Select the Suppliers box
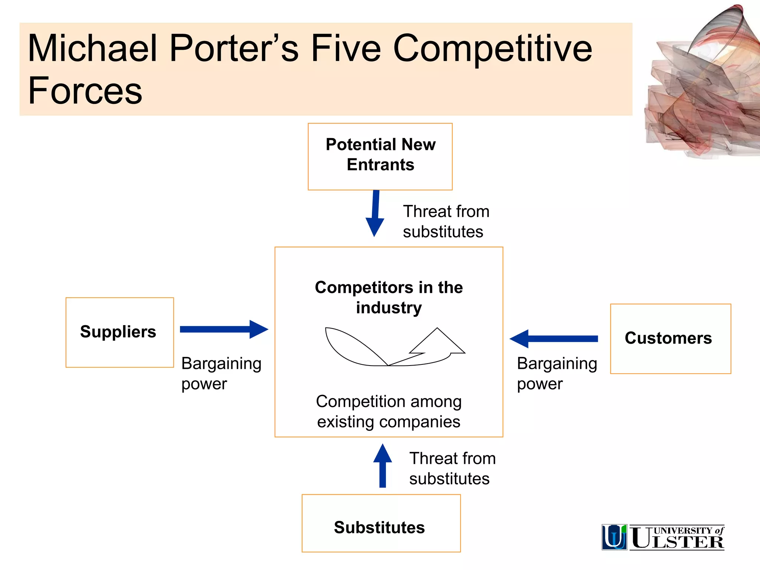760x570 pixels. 119,332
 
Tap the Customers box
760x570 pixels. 670,338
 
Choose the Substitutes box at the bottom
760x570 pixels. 381,523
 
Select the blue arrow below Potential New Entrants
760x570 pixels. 375,213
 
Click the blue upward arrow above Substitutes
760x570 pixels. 383,466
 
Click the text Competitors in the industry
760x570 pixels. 389,297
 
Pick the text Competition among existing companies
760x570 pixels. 389,411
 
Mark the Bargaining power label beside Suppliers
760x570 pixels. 221,373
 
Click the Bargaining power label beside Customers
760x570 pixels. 557,373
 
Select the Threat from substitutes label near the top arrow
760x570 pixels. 446,222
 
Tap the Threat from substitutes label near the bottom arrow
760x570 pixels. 452,468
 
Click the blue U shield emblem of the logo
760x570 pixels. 614,537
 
